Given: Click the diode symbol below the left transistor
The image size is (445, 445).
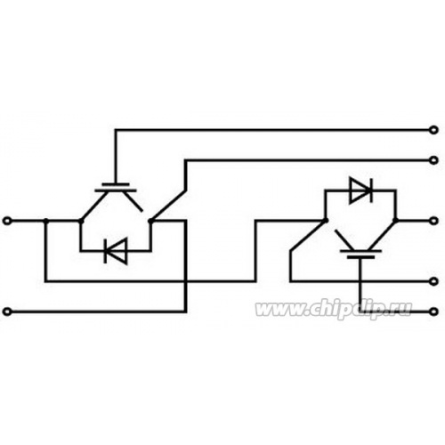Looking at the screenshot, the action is click(116, 251).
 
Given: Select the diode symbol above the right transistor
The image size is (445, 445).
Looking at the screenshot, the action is click(361, 190).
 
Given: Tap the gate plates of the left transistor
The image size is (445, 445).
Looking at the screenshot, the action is click(116, 187).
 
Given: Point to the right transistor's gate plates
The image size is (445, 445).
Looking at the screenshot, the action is click(360, 255).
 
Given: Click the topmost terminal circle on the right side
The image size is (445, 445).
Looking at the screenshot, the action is click(433, 130).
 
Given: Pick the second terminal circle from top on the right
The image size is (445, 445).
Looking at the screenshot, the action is click(433, 160).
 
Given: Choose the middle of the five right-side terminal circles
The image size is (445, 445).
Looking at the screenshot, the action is click(433, 221).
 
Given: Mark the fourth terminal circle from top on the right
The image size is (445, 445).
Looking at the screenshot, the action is click(433, 281).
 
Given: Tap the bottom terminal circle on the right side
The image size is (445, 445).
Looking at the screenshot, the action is click(433, 311).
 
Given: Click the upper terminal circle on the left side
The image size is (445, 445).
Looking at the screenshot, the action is click(7, 221).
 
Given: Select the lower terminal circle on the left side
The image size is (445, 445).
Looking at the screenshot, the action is click(7, 311).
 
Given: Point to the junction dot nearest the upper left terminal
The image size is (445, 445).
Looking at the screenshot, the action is click(46, 221).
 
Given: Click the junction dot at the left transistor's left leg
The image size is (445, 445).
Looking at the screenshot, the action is click(81, 221).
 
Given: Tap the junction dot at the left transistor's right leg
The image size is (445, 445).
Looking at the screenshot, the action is click(150, 221).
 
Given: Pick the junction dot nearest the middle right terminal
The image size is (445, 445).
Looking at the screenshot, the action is click(395, 221).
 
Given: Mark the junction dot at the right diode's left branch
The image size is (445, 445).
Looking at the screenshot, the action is click(326, 221).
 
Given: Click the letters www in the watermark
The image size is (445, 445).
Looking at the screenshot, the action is click(279, 310).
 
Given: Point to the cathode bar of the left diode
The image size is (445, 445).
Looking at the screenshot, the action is click(105, 251).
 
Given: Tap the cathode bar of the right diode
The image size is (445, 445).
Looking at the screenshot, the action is click(371, 190).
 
